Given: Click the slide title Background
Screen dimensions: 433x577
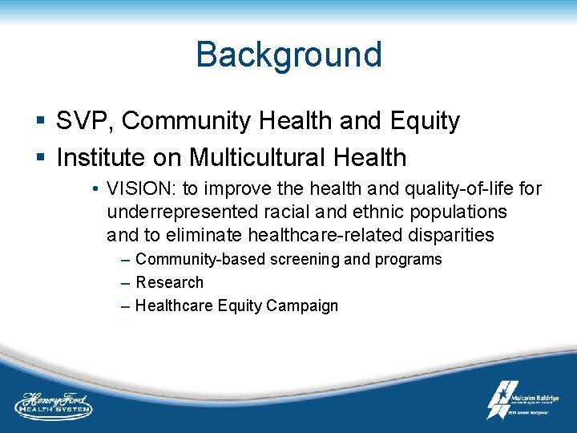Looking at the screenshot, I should tap(288, 55).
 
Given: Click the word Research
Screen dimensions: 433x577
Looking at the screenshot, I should tap(169, 282).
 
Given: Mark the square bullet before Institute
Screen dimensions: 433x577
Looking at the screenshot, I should tap(41, 158).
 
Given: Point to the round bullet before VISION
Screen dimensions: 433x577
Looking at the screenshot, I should tap(95, 189).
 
